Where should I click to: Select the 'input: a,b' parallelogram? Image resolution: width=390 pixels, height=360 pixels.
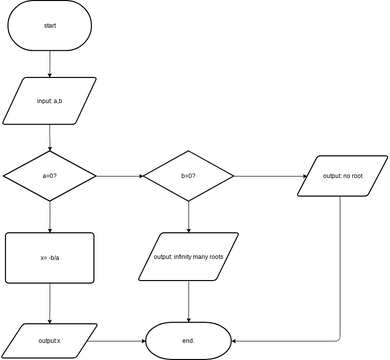[50, 101]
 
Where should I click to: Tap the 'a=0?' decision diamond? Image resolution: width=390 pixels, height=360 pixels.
[50, 176]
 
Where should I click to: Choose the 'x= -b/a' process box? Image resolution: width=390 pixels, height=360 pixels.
[50, 258]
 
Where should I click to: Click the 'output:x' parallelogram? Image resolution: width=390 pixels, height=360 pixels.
[50, 341]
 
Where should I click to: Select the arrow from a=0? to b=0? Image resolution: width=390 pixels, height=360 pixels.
[120, 176]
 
